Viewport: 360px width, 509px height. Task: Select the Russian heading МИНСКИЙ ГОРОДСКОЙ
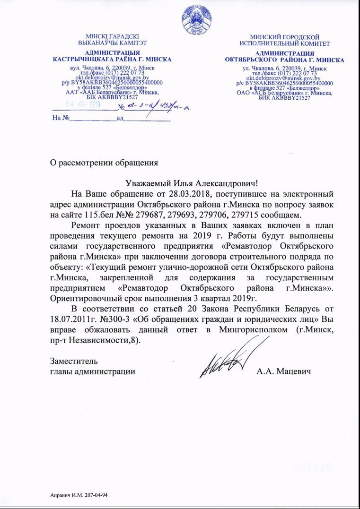click(284, 37)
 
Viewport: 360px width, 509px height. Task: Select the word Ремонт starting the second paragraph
click(86, 225)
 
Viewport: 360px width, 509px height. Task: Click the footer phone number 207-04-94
click(99, 495)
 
